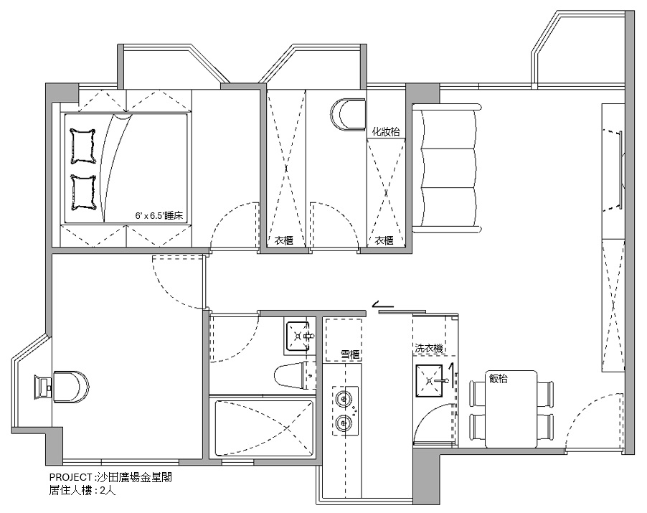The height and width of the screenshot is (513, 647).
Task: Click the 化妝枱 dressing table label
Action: [386, 132]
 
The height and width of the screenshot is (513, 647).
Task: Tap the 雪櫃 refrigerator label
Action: [350, 354]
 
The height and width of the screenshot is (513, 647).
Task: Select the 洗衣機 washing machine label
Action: [429, 348]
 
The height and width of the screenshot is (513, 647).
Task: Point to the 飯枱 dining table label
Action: [498, 378]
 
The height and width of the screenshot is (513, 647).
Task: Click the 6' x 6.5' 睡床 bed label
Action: [159, 215]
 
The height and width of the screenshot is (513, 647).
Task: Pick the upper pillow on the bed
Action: [83, 146]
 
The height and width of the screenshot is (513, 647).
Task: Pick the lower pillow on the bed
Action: [83, 192]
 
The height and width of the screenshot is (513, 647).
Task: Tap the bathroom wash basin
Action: [298, 336]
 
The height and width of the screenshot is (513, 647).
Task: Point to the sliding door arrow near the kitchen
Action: [383, 306]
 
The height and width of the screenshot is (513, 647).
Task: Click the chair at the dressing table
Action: [348, 114]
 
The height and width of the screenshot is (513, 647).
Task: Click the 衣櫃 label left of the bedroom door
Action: [283, 240]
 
